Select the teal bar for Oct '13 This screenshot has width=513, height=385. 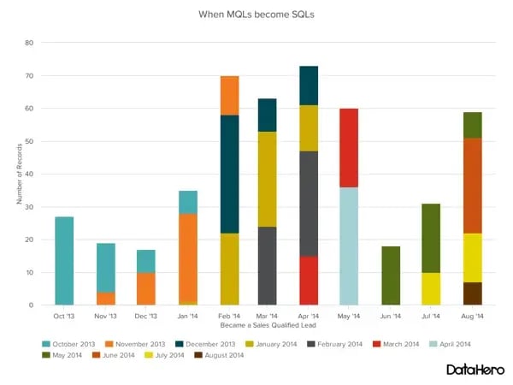coord(64,261)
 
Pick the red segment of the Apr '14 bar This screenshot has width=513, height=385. coord(309,280)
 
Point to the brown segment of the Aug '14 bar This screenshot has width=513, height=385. coord(473,293)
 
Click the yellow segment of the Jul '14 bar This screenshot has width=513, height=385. coord(431,289)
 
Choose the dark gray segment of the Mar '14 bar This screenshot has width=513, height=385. coord(267,265)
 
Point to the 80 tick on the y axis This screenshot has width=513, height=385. coord(29,43)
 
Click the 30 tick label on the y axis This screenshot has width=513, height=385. coord(29,207)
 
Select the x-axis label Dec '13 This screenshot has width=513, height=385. coord(145,316)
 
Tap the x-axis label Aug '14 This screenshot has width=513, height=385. coord(473,316)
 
